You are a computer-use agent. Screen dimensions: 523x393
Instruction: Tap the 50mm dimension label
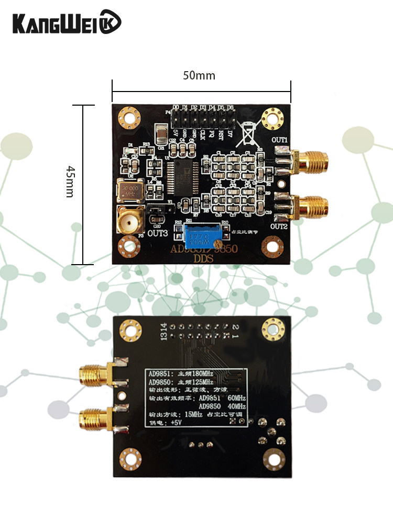199,75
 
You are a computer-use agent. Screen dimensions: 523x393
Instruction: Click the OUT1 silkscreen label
280,140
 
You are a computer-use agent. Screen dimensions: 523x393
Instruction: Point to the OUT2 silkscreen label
279,226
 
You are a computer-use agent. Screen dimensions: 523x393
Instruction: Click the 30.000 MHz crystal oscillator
129,191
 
